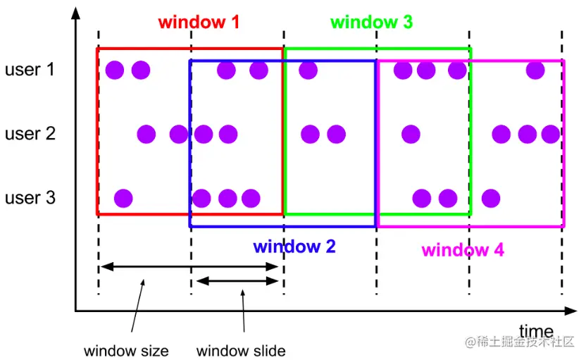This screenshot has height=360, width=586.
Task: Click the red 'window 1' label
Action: tap(199, 22)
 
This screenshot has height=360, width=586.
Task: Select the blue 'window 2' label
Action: tap(294, 247)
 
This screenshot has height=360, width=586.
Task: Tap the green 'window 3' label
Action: tap(371, 22)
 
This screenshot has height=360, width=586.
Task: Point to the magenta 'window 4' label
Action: tap(463, 250)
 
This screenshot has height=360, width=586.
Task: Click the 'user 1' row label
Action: tap(30, 70)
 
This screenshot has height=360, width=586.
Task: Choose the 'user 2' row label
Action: tap(30, 133)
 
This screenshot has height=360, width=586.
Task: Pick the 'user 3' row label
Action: tap(30, 197)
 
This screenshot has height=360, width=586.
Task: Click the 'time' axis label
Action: tap(536, 330)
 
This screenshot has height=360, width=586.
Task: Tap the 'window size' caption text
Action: tap(126, 350)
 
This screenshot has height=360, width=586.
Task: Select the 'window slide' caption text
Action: tap(241, 350)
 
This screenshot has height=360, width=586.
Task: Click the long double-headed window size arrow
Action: tap(190, 266)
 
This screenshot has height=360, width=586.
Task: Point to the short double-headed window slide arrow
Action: tap(237, 281)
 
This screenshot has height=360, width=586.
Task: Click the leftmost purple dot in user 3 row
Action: tap(123, 197)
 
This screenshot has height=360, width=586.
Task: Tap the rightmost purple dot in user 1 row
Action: tap(535, 70)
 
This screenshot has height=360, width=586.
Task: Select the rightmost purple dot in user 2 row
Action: tap(550, 133)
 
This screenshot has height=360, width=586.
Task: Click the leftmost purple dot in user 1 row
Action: tap(115, 70)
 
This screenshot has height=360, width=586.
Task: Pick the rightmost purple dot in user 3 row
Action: tap(491, 197)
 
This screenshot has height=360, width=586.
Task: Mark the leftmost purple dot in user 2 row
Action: tap(146, 133)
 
